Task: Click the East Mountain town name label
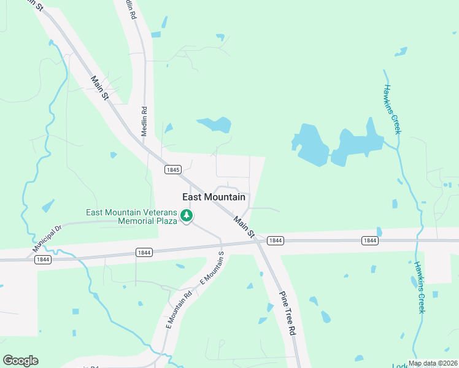pyautogui.click(x=214, y=197)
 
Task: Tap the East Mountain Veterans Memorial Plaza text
pyautogui.click(x=131, y=217)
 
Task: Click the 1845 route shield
pyautogui.click(x=173, y=169)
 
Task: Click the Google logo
pyautogui.click(x=20, y=361)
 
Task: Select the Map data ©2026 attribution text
pyautogui.click(x=432, y=363)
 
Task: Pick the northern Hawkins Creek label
pyautogui.click(x=392, y=110)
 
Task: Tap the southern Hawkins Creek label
pyautogui.click(x=420, y=288)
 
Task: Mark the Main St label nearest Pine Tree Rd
pyautogui.click(x=243, y=225)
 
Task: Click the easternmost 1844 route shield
pyautogui.click(x=369, y=241)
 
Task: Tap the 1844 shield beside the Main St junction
pyautogui.click(x=276, y=241)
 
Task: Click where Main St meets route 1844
pyautogui.click(x=258, y=241)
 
